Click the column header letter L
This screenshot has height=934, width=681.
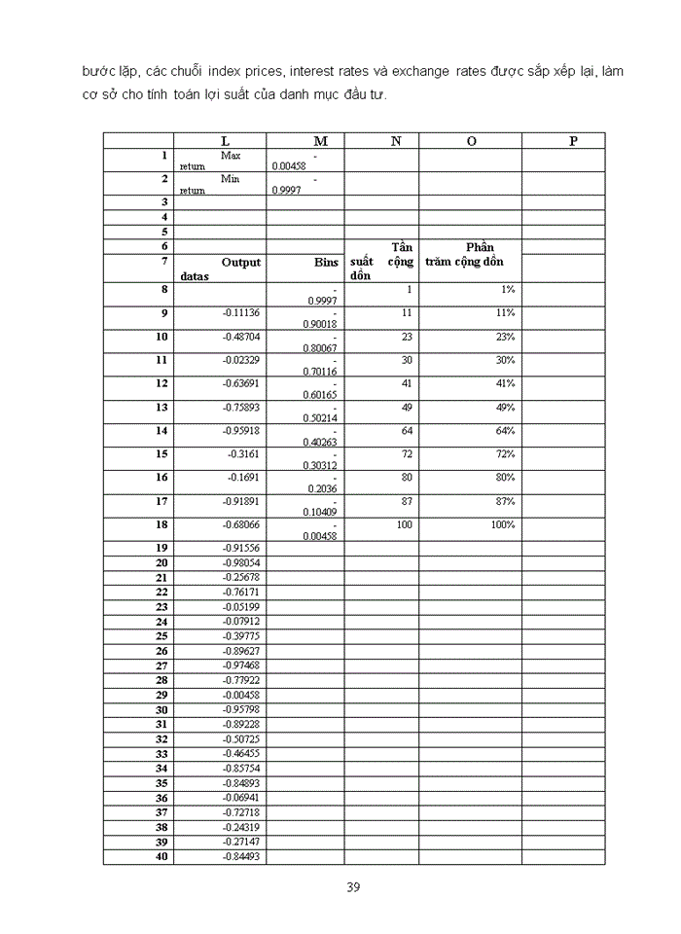[x=226, y=141]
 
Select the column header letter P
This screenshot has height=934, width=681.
[x=573, y=141]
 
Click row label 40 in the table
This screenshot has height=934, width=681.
[x=162, y=857]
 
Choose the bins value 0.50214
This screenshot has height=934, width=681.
[x=320, y=418]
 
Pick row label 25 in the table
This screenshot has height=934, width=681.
[x=162, y=636]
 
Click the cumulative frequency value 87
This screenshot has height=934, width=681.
[x=406, y=501]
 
